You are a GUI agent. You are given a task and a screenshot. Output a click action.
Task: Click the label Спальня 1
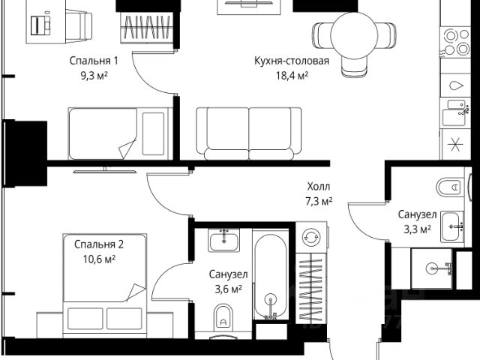point(94,61)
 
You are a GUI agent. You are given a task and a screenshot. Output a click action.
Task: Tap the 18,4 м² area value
point(292,75)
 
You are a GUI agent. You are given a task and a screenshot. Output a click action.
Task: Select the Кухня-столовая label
point(292,61)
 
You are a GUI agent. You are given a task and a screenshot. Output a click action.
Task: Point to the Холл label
point(319,186)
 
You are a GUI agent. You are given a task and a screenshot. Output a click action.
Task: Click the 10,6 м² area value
point(99,259)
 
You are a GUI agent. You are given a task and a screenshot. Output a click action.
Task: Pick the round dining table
point(354,35)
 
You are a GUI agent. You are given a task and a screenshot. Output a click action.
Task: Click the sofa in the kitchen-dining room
point(248,133)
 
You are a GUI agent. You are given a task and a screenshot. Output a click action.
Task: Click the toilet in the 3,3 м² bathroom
point(449,187)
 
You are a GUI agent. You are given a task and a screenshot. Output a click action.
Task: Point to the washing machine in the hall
point(311,237)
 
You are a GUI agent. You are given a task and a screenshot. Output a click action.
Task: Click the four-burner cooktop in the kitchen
point(456,42)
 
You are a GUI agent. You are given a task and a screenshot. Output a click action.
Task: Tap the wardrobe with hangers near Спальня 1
point(147,28)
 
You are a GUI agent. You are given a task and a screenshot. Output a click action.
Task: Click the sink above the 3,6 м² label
point(224,240)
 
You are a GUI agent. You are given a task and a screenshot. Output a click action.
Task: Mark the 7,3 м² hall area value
point(319,201)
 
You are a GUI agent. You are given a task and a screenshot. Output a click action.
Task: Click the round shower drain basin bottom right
point(434,268)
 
